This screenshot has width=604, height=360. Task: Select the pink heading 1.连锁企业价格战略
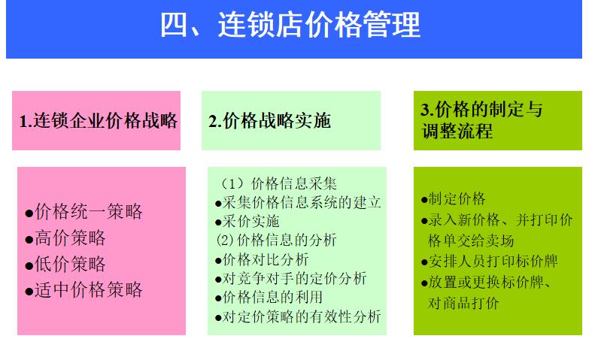(99, 120)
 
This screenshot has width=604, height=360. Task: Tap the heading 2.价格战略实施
(269, 120)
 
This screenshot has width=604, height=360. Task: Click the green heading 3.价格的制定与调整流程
(481, 120)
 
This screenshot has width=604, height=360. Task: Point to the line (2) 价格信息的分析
(277, 241)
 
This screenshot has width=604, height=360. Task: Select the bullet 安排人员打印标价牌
(493, 262)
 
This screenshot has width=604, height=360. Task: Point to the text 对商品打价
(463, 304)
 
